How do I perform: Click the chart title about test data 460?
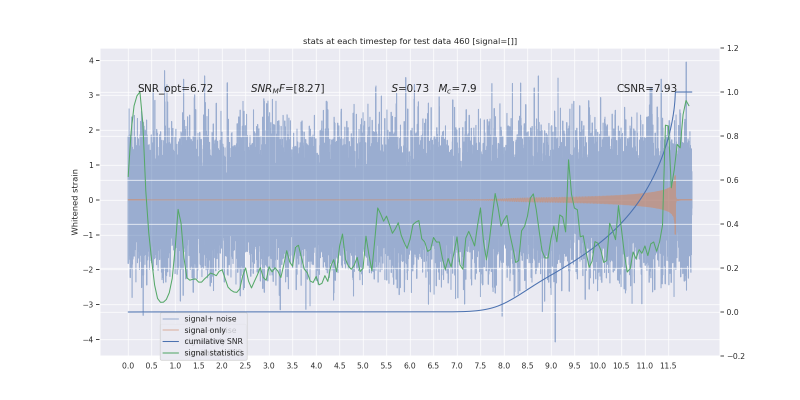coord(410,41)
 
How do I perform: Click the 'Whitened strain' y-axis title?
coord(75,202)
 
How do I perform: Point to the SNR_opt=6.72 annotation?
coord(175,88)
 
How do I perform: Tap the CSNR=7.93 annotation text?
coord(646,88)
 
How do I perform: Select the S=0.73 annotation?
coord(410,88)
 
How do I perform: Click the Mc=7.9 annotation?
coord(457,88)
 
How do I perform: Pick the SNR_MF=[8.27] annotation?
coord(287,88)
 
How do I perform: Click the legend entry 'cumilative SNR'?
coord(213,341)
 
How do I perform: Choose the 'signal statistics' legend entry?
coord(214,353)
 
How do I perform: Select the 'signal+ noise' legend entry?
coord(210,319)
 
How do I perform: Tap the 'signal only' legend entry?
coord(205,330)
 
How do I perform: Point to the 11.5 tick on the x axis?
coord(668,366)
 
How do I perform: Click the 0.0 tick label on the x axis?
coord(128,366)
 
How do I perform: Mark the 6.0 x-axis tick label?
coord(409,366)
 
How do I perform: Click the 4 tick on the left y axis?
coord(91,61)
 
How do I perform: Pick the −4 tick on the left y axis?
coord(89,340)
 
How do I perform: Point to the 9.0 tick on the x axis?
coord(550,366)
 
